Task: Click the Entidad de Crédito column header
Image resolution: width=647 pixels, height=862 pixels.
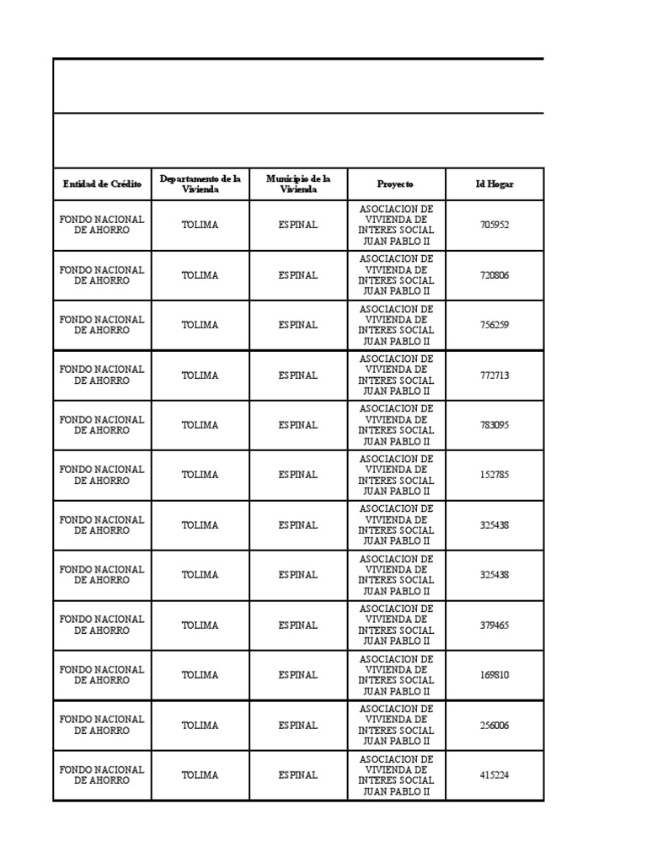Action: [102, 184]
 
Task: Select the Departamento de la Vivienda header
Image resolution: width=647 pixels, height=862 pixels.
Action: [201, 184]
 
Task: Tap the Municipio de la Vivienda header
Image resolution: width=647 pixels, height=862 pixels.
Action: [298, 184]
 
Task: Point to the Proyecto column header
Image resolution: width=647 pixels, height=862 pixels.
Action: [396, 184]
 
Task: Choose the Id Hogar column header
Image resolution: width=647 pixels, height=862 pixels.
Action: [495, 184]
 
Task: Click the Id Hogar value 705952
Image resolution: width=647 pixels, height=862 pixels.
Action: [495, 225]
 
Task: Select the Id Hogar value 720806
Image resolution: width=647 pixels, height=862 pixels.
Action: [495, 275]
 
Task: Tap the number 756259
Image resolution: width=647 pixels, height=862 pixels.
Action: [495, 325]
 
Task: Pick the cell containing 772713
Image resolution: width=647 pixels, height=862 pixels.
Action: [495, 375]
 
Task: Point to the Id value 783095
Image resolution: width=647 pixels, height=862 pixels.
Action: [495, 425]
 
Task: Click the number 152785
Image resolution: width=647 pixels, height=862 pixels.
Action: [495, 475]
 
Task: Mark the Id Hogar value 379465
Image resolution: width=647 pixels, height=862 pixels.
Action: [495, 625]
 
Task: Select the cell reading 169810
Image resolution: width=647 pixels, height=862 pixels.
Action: [495, 675]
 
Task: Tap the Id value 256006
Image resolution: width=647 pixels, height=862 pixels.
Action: [495, 726]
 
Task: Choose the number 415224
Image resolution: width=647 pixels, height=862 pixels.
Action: [495, 775]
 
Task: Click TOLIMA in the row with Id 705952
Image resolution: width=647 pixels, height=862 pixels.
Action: [201, 225]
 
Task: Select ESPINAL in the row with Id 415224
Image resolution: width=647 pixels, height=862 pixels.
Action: [298, 775]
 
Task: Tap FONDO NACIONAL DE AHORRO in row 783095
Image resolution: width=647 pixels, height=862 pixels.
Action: [102, 425]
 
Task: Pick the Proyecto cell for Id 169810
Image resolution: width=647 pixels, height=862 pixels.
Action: [396, 675]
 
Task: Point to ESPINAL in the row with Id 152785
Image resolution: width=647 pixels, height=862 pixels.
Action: [298, 475]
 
